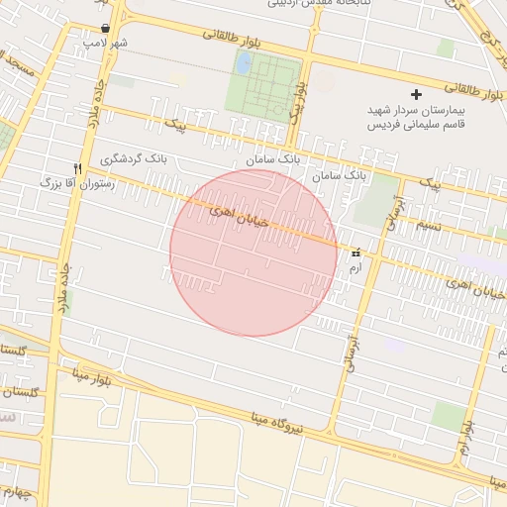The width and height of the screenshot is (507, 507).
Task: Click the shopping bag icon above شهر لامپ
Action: coord(106,29)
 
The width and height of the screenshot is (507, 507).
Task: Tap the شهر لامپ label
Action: coord(106,45)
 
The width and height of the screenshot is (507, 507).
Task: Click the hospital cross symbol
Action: coord(416,95)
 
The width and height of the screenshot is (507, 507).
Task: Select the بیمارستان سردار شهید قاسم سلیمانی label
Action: coord(417,118)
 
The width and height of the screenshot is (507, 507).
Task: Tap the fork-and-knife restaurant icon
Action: coord(78,169)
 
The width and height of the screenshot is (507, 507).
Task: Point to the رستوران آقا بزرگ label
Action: coord(78,183)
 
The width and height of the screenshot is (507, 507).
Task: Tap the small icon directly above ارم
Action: coord(355,253)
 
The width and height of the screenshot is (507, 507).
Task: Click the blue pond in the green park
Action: coord(243,64)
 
